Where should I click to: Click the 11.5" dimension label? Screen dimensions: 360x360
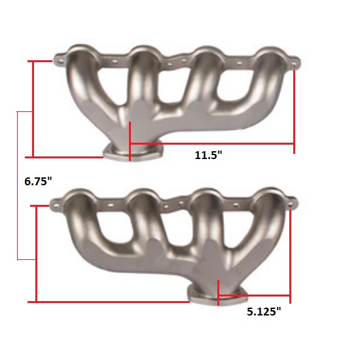209,155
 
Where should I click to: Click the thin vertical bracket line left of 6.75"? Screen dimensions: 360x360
17,186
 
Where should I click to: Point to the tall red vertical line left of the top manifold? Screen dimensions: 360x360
31,109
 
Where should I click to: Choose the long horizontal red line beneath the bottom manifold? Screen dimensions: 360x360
111,301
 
